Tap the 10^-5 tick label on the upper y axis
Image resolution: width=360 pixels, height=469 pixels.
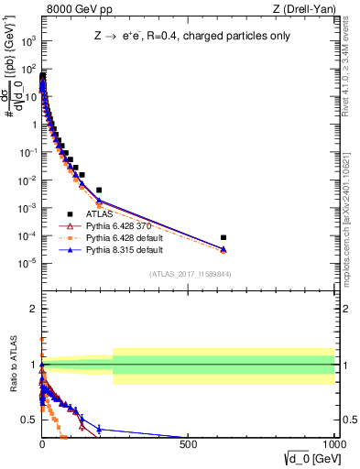[x=27, y=264]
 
